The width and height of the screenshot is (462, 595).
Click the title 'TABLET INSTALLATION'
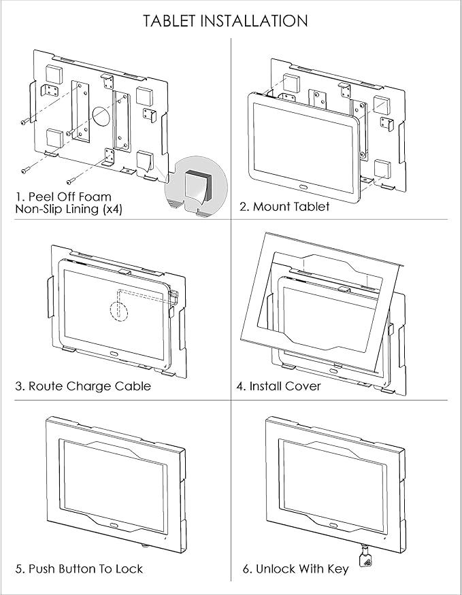(225, 20)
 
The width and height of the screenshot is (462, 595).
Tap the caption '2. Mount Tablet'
(284, 207)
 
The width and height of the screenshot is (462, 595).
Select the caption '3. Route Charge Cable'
(83, 386)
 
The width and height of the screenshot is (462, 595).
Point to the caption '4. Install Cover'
(279, 386)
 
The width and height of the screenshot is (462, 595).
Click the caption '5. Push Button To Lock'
(79, 568)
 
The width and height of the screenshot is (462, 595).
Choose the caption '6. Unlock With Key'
(295, 568)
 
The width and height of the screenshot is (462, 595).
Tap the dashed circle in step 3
(119, 309)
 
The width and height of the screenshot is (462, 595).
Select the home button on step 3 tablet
(113, 354)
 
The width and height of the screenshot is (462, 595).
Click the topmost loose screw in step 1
(25, 122)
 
